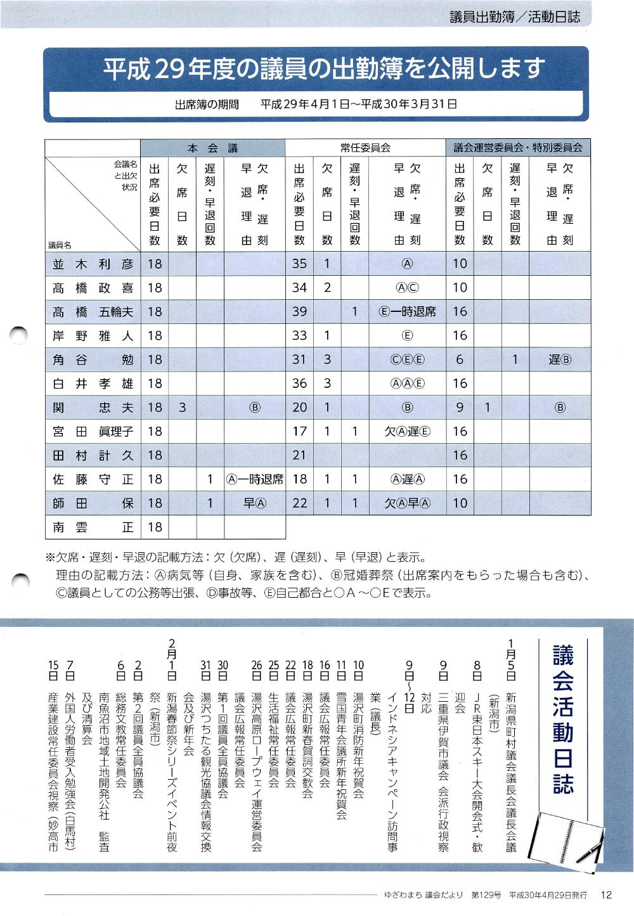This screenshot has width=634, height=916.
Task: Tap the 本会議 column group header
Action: click(213, 148)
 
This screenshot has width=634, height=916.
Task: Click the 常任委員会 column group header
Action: click(365, 148)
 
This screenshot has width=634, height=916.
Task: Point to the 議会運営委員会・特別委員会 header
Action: click(518, 148)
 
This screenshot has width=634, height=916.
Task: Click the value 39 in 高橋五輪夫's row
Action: click(299, 312)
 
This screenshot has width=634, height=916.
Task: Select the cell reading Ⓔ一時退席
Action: click(407, 312)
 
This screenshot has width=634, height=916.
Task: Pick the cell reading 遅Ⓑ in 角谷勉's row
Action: click(560, 359)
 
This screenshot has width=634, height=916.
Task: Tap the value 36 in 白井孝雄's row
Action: click(299, 384)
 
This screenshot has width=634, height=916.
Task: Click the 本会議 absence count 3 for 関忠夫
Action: click(182, 408)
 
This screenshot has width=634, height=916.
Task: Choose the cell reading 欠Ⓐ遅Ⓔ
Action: click(407, 432)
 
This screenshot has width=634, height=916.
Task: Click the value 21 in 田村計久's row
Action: click(299, 455)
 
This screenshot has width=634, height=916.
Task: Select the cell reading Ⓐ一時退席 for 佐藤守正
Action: click(254, 479)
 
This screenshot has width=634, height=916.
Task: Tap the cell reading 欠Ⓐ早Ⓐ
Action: click(407, 503)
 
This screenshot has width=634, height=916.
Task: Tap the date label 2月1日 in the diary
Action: click(172, 659)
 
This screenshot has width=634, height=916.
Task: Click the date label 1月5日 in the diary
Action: click(511, 659)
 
